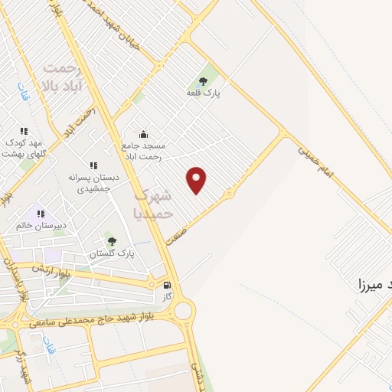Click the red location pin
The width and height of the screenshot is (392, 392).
[x=197, y=179]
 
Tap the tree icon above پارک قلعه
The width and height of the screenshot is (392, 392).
[x=203, y=80]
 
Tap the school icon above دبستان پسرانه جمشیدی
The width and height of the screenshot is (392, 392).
[x=93, y=165]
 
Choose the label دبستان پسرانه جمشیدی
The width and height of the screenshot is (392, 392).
[x=93, y=182]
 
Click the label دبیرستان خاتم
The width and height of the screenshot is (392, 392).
[x=41, y=226]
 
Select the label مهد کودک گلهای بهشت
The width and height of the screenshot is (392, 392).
[x=24, y=148]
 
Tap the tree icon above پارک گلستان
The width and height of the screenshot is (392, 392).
[x=112, y=240]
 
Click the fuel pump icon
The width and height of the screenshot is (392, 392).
[x=167, y=285]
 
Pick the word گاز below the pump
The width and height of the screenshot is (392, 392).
[x=167, y=296]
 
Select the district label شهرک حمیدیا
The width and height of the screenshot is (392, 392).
[x=154, y=205]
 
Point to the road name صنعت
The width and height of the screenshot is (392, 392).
[x=179, y=223]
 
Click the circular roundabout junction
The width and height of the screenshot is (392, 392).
[x=184, y=311]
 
